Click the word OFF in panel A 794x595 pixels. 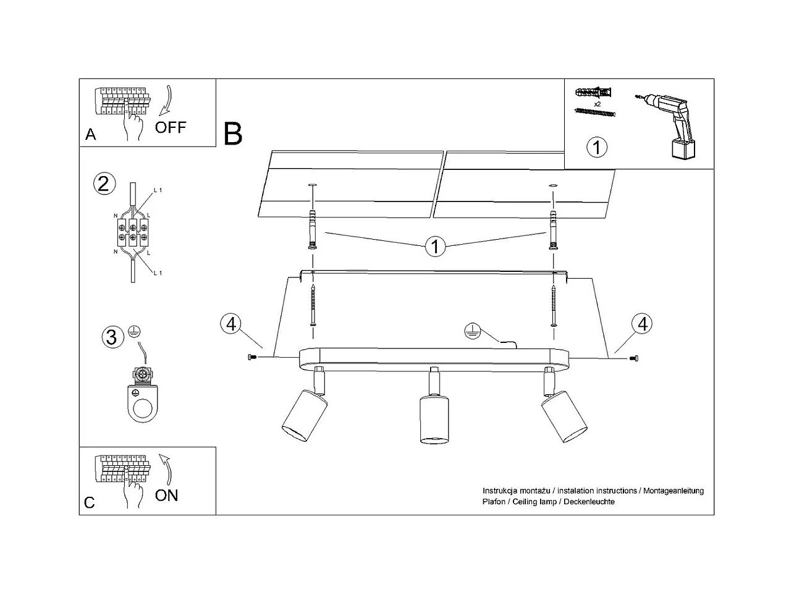tap(171, 127)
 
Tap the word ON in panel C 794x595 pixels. tap(166, 496)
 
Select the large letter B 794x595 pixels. tap(232, 134)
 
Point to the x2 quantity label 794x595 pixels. tap(598, 104)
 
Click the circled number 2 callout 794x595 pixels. tap(104, 184)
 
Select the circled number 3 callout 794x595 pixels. tap(112, 337)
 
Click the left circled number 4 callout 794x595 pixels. tap(231, 324)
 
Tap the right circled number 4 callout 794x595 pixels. tap(642, 324)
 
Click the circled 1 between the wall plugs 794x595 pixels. tap(435, 247)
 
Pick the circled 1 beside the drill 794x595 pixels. tap(596, 147)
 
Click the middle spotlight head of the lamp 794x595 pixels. tap(434, 420)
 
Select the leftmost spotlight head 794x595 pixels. tap(305, 416)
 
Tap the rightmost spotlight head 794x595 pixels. tap(564, 416)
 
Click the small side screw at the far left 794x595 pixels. tap(252, 357)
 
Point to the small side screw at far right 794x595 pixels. tap(633, 358)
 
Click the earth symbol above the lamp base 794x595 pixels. tap(473, 331)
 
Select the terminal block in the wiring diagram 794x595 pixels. tap(133, 232)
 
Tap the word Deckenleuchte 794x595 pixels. tap(589, 502)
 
